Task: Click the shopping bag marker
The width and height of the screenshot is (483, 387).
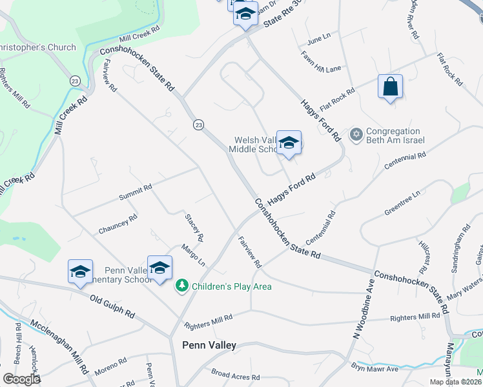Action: pos(390,88)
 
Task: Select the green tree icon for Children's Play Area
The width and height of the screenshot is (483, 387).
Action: pos(182,286)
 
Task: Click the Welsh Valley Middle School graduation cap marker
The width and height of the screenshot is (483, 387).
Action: pos(289,144)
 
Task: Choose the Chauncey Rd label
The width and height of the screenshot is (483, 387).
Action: pos(118,224)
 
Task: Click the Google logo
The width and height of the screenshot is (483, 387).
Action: pos(21,379)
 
